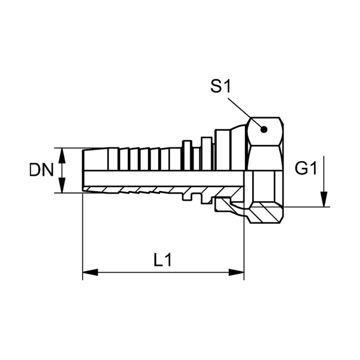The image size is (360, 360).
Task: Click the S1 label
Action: click(220, 87)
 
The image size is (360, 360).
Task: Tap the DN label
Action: click(41, 170)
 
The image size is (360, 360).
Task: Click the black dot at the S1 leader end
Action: click(264, 130)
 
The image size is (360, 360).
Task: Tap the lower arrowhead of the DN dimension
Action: click(62, 185)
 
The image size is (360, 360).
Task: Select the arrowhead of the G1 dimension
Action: click(324, 199)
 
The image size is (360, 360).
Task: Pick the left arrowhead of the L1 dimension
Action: click(90, 273)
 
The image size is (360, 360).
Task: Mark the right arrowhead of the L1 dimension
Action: click(236, 273)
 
